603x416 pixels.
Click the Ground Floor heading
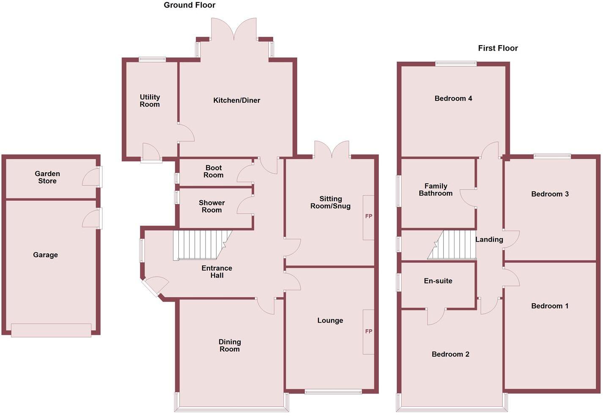click(189, 5)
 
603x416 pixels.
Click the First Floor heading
click(498, 48)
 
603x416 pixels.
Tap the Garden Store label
click(47, 177)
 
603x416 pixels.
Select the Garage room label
click(45, 255)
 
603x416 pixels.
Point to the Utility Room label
click(150, 101)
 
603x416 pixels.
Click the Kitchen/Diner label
click(236, 101)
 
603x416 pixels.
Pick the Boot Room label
click(213, 171)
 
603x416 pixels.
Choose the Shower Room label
click(211, 207)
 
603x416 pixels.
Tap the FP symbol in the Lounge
click(369, 332)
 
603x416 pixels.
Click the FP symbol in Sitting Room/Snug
click(369, 216)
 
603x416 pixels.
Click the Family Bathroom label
click(436, 190)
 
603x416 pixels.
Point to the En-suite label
click(438, 281)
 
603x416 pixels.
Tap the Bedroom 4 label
click(453, 98)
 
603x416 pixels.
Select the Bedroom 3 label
click(550, 194)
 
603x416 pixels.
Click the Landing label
click(489, 239)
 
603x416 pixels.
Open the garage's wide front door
click(51, 330)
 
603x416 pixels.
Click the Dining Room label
click(230, 345)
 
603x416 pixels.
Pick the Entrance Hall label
click(217, 272)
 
